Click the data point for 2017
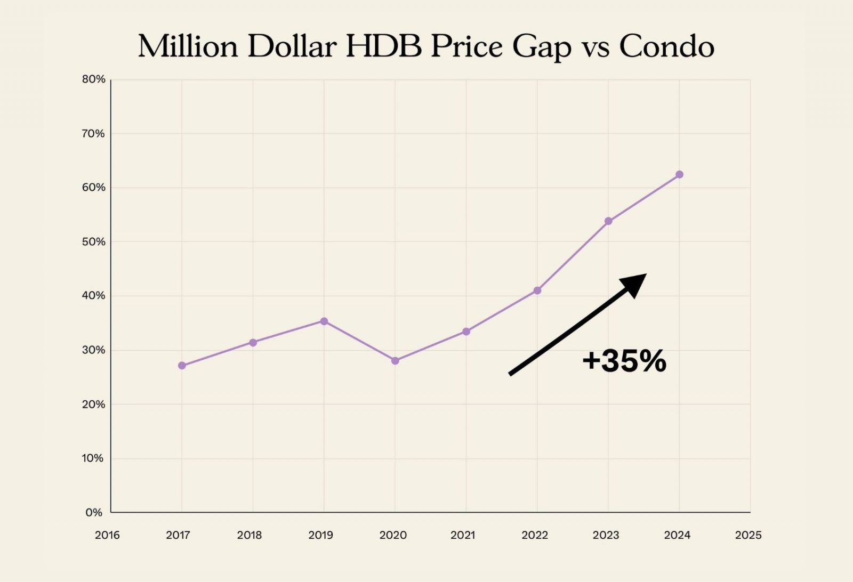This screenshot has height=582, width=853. tap(182, 366)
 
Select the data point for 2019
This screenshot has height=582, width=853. tap(324, 321)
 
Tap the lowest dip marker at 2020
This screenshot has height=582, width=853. tap(395, 361)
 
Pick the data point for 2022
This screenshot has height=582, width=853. tap(537, 290)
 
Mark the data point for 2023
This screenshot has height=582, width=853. tap(608, 221)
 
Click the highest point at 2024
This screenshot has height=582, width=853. tap(679, 175)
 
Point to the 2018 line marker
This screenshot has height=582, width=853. tap(253, 343)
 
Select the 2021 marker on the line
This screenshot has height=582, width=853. tap(466, 332)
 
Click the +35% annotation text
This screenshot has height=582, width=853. tap(624, 361)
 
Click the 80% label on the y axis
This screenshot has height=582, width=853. tap(93, 79)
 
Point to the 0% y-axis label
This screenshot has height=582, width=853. tap(94, 513)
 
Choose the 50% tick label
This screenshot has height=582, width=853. tap(93, 242)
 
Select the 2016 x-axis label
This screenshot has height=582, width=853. tap(107, 535)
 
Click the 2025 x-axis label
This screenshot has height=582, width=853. tap(748, 535)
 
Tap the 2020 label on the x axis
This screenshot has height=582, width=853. tap(393, 535)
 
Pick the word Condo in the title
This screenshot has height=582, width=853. tap(666, 46)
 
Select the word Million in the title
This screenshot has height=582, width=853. tap(188, 46)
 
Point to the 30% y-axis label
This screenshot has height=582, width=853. tap(93, 350)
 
